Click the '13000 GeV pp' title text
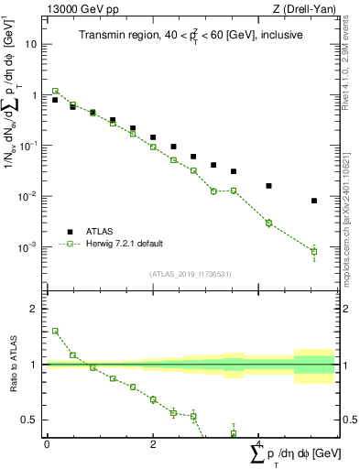(81, 8)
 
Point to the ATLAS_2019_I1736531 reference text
(190, 273)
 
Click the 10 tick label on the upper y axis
(31, 44)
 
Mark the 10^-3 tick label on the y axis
(28, 247)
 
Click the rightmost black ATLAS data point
(314, 201)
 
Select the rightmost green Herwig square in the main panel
(314, 252)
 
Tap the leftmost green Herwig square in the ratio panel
(55, 331)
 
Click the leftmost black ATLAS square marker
(55, 100)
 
